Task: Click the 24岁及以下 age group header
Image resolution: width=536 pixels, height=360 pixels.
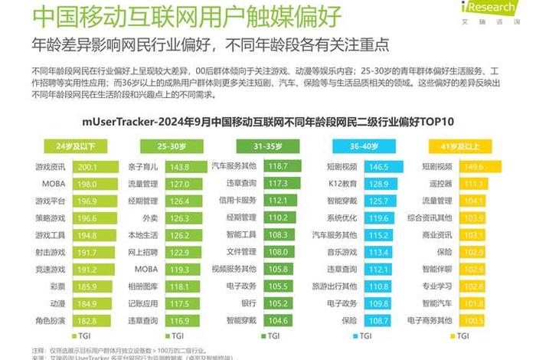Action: click(76, 146)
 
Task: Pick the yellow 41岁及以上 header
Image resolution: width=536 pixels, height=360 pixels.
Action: click(466, 146)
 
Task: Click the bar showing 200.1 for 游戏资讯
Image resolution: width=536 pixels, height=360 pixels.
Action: click(95, 167)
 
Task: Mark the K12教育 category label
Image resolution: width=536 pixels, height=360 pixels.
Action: click(342, 184)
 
